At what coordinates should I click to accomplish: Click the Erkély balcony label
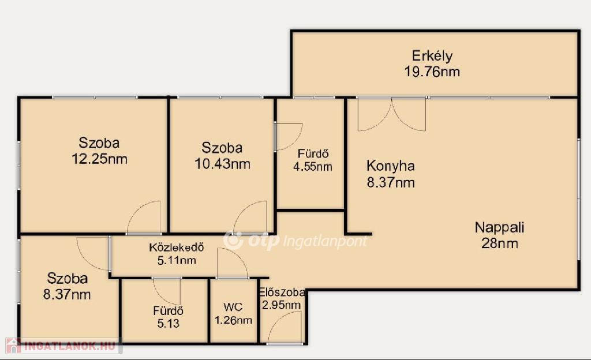(432, 56)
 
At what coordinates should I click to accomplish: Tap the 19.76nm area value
(432, 72)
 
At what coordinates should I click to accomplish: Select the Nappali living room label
(499, 227)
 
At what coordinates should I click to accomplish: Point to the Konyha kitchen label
(391, 166)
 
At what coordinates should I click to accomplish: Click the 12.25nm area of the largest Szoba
(99, 159)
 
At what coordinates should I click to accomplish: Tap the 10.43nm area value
(222, 164)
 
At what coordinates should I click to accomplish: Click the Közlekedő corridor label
(177, 247)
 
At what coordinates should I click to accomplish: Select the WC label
(233, 307)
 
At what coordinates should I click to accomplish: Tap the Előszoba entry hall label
(282, 292)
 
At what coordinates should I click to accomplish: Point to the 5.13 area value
(168, 324)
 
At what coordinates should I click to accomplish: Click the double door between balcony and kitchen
(392, 114)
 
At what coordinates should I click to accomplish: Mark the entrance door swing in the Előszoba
(285, 327)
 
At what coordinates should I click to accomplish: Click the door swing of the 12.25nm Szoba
(144, 217)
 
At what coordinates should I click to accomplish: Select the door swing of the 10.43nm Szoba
(250, 217)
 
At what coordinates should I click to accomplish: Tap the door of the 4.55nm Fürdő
(289, 136)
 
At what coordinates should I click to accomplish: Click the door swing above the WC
(233, 263)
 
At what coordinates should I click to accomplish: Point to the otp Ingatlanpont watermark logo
(295, 241)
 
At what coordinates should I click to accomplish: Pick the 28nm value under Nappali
(499, 243)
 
